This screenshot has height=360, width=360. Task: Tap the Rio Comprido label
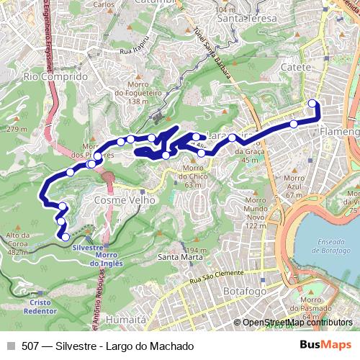pyautogui.click(x=55, y=75)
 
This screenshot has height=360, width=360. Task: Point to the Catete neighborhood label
pyautogui.click(x=295, y=67)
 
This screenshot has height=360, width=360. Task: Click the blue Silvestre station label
pyautogui.click(x=89, y=246)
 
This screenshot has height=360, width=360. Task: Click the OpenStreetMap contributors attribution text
pyautogui.click(x=296, y=323)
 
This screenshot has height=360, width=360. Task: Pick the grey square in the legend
pyautogui.click(x=11, y=346)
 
